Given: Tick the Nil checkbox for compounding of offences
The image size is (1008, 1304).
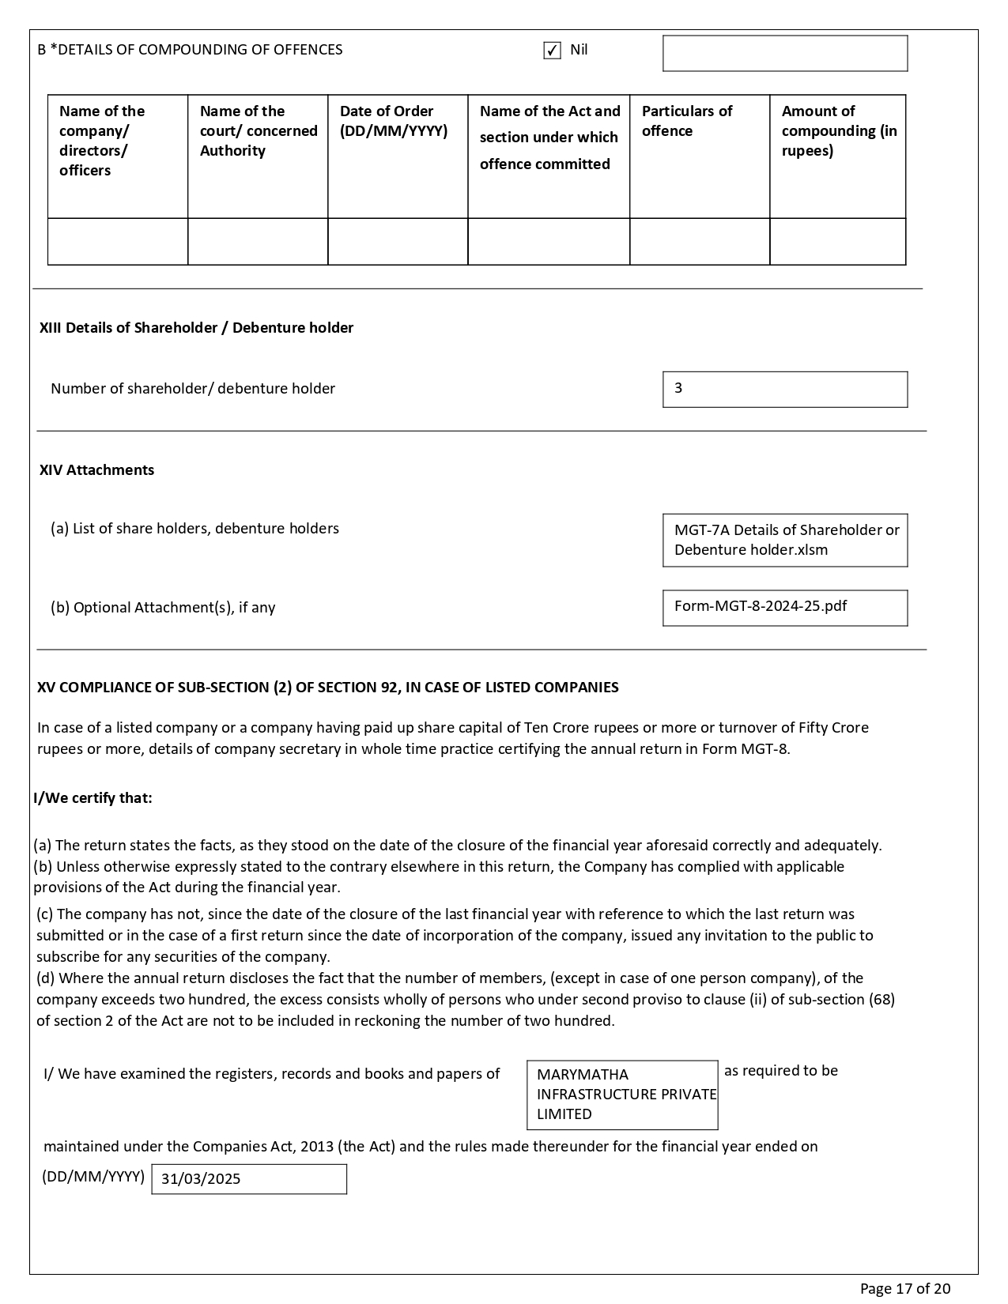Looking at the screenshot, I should coord(552,51).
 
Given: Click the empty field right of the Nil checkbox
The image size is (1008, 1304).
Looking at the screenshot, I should coord(784,54).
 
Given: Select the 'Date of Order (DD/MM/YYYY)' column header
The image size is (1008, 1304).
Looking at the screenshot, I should coord(394,121).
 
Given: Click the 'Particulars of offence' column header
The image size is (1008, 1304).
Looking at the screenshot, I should coord(687,121).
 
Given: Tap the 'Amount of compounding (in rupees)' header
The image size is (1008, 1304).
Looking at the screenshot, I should coord(839,130).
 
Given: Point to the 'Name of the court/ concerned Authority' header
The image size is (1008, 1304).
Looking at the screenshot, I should coord(259,130).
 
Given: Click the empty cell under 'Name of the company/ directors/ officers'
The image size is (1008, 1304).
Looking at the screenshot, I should coord(118,242).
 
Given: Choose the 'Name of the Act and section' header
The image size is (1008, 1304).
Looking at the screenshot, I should coord(549,138).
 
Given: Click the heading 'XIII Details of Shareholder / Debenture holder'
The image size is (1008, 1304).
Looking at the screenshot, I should coord(196,328).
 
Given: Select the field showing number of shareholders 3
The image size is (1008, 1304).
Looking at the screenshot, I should coord(784,390).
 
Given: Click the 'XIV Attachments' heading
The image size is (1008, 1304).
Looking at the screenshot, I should coord(96,470).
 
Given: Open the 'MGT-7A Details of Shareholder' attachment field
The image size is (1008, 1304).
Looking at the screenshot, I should coord(784,541).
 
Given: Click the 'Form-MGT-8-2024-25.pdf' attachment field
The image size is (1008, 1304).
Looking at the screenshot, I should coord(784,608).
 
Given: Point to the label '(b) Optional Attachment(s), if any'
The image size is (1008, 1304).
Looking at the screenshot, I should coord(163,608).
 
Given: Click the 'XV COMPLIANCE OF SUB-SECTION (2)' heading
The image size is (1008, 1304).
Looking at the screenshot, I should coord(327,688).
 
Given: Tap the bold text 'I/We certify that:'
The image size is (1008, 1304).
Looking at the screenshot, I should coord(92,798).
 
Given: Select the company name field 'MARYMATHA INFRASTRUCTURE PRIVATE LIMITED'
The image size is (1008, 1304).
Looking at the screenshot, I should coord(622,1095).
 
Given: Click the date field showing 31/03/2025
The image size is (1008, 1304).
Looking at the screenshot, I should coord(248,1179).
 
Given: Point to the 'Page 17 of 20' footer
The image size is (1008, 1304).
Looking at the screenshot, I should coord(904,1289).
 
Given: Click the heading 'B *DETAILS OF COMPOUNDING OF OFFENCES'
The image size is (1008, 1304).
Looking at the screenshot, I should coord(190,50).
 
